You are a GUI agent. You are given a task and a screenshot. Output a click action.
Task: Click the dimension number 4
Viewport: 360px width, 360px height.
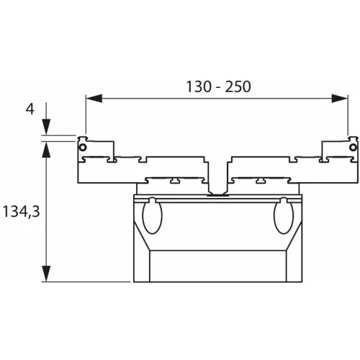coord(30,109)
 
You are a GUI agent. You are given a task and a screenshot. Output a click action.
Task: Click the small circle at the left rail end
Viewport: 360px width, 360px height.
coord(84,147)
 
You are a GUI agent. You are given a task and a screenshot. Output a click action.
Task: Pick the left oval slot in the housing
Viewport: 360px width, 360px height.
coord(153,217)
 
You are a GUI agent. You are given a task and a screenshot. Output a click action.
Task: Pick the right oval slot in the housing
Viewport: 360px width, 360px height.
coord(282,217)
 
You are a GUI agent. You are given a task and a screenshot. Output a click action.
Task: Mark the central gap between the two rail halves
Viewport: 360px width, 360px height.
coord(217,173)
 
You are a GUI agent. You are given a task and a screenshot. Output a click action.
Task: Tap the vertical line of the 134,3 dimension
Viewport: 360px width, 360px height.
coord(46,209)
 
